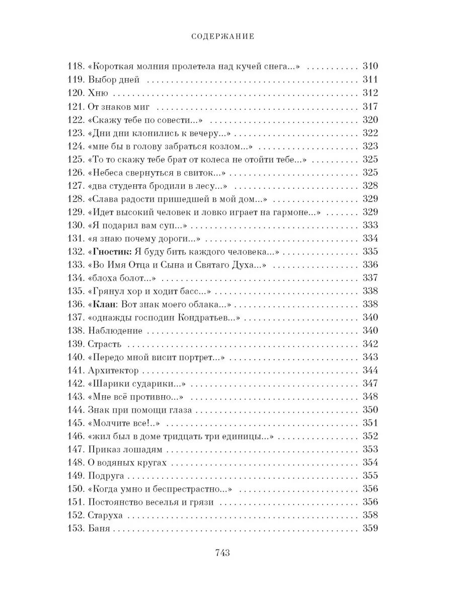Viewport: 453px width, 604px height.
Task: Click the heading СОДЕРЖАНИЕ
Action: [x=226, y=36]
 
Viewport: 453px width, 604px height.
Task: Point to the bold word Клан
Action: [x=104, y=304]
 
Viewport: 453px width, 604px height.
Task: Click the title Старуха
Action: [x=106, y=515]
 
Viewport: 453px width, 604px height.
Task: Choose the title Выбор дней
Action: [x=113, y=80]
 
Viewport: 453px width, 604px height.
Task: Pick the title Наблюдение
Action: [x=115, y=331]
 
